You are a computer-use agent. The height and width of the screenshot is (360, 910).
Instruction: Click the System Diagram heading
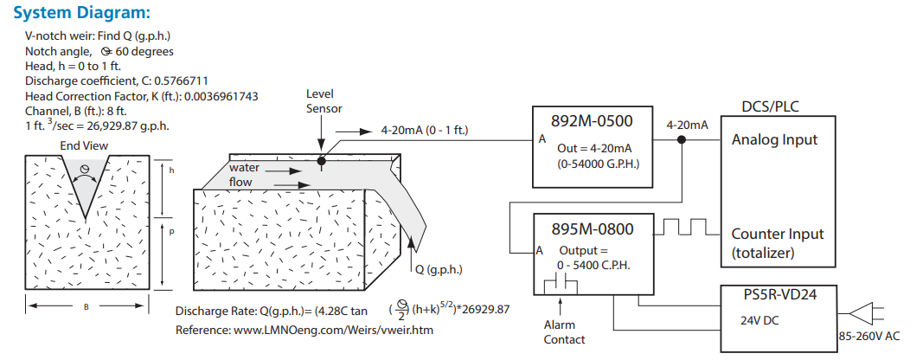(83, 13)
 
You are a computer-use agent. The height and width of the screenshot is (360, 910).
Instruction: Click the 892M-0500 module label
(593, 121)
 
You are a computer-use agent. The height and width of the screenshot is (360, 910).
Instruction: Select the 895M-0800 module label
(593, 229)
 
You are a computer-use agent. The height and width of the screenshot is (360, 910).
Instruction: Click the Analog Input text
(774, 139)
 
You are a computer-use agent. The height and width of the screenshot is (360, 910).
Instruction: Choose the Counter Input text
(778, 234)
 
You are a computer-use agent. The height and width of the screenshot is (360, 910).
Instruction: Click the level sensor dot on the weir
(321, 160)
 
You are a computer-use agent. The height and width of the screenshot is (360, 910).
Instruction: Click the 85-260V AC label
(872, 337)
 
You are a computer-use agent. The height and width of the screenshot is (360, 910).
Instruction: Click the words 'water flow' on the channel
(244, 175)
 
